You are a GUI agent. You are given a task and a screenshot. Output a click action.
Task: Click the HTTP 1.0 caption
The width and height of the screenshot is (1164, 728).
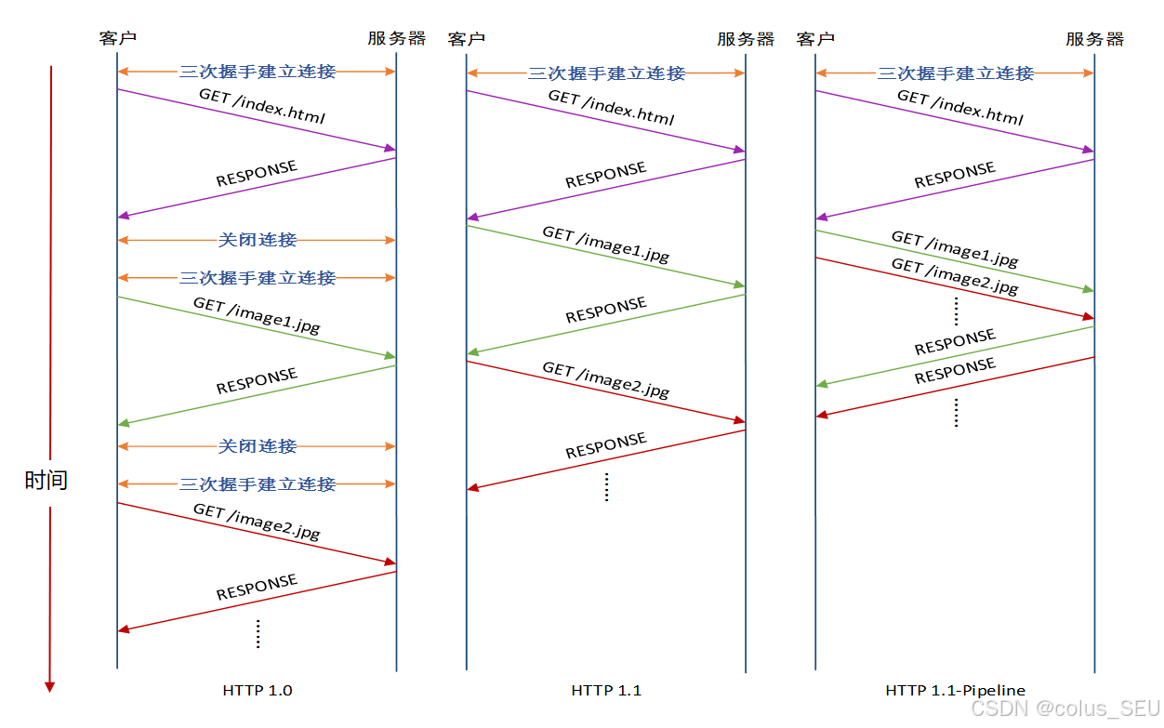click(258, 691)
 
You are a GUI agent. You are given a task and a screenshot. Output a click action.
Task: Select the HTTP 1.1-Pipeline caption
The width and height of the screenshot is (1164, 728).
click(955, 691)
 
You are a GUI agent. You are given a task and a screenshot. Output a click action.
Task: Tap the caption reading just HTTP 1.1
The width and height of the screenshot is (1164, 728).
click(606, 691)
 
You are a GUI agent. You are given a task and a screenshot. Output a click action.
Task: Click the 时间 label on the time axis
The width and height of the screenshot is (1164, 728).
click(46, 481)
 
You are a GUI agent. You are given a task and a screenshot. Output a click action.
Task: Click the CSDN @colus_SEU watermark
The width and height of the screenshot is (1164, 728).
click(1065, 708)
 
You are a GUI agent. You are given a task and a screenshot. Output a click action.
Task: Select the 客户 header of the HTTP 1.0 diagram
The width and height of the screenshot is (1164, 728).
click(118, 38)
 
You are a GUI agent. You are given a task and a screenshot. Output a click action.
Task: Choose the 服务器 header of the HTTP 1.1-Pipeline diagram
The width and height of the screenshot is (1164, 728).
click(1094, 39)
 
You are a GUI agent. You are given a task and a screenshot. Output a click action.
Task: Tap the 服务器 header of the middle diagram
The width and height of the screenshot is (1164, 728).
click(746, 39)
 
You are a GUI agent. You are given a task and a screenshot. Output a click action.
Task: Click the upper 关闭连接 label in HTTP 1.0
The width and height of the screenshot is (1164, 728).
click(258, 240)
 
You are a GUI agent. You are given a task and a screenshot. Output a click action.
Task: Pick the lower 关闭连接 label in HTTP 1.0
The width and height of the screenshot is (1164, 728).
click(258, 446)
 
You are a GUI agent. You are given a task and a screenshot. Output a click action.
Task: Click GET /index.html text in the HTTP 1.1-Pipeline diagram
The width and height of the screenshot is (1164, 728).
click(959, 108)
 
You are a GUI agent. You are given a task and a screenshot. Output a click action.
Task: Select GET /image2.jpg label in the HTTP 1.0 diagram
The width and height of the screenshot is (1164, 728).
click(257, 522)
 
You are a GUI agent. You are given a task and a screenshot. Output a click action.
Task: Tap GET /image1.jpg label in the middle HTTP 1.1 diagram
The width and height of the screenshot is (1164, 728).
click(606, 245)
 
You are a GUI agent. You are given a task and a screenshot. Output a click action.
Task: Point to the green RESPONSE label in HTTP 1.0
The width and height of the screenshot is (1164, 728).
click(257, 381)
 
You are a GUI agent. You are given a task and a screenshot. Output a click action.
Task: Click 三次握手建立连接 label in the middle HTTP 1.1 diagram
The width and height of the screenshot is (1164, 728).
click(606, 73)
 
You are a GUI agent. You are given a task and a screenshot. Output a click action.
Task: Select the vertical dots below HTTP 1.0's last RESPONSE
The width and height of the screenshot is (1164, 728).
click(258, 633)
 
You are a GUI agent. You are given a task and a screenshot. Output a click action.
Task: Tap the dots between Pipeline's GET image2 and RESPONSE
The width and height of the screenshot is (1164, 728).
click(956, 308)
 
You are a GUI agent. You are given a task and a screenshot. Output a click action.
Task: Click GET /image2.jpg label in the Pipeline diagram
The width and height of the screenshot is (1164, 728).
click(955, 277)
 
